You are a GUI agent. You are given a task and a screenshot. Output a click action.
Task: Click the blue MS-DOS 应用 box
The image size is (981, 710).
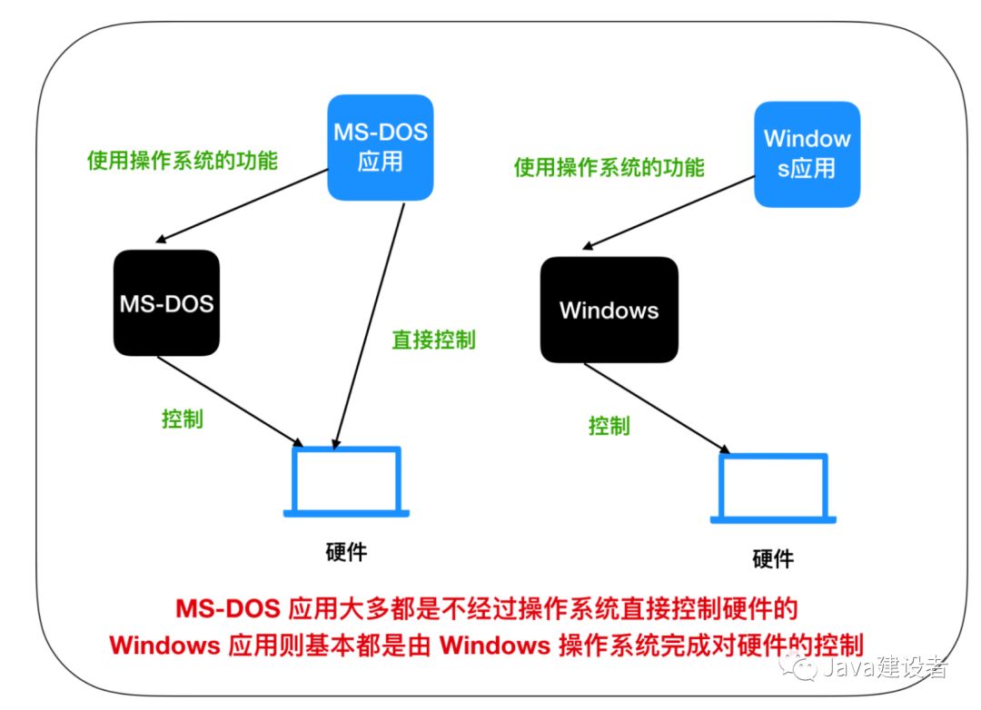[x=381, y=148]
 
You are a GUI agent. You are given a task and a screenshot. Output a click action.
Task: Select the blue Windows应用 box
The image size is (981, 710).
[x=808, y=154]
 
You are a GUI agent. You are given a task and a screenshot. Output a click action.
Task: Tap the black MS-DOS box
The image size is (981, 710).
[x=166, y=303]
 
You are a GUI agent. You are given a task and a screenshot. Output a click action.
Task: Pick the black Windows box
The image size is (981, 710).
[x=609, y=310]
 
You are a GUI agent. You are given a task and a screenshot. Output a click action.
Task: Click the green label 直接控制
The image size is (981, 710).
[x=433, y=340]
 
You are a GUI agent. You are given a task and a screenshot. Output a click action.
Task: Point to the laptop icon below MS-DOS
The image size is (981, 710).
[x=346, y=481]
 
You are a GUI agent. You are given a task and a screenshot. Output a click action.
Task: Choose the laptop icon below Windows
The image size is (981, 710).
[x=773, y=488]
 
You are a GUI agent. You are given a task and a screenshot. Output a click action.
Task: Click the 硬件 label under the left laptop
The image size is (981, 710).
[x=346, y=552]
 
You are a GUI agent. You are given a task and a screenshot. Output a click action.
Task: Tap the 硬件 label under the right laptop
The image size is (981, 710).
[x=773, y=558]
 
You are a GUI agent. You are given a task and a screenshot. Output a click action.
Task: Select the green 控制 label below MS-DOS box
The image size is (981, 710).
[x=182, y=419]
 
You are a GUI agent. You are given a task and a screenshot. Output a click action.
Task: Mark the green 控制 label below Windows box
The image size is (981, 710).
[x=609, y=426]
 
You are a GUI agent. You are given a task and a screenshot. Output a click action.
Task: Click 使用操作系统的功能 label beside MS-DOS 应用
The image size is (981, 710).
[x=182, y=161]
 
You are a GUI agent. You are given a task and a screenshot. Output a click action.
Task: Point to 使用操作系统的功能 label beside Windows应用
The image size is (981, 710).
[x=609, y=168]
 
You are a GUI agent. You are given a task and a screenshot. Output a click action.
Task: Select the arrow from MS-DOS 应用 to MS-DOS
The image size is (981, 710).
[x=242, y=206]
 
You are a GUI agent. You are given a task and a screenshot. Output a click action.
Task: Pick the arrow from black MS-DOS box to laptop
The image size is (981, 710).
[x=230, y=401]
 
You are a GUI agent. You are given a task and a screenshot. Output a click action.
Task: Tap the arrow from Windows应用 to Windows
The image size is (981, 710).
[x=669, y=212]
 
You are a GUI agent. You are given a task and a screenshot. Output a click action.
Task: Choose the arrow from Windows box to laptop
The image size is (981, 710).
[x=657, y=408]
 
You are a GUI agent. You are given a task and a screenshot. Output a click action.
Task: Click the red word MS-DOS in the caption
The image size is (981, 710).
[x=228, y=608]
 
